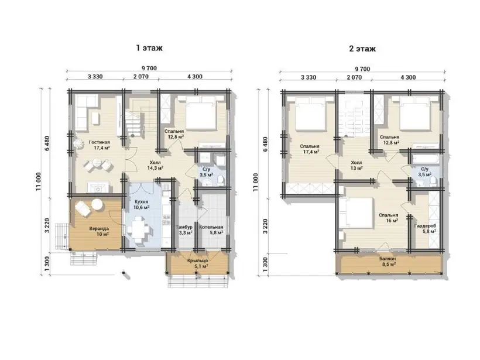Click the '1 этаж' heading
point(149,48)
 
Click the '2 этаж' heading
point(362,49)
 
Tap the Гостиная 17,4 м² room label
point(100,145)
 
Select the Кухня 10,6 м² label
point(141,204)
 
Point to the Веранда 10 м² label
point(99,231)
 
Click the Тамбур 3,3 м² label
point(184,230)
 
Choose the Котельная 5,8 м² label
point(211,230)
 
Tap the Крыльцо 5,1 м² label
point(198,263)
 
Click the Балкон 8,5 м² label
point(388,261)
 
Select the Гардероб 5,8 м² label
point(425,229)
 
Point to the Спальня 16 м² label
point(389,218)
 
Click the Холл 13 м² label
point(356,165)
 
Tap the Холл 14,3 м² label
point(155,165)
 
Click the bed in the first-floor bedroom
point(201,112)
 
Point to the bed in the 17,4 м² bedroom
point(310,113)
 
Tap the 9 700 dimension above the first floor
point(149,68)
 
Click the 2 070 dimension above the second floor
point(354,77)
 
